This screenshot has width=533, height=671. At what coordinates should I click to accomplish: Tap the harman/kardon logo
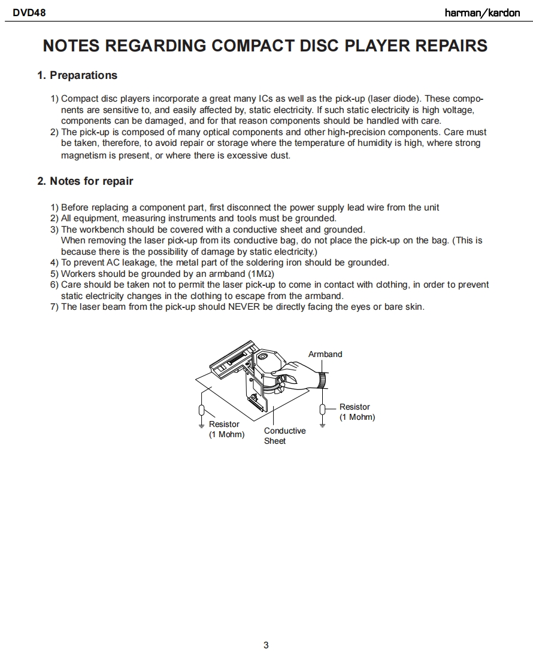tap(482, 13)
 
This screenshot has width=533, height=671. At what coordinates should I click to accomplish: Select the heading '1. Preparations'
tap(77, 75)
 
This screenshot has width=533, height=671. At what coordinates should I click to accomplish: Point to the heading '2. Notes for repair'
tap(85, 181)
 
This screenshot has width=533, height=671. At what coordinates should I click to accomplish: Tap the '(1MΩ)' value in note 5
tap(261, 274)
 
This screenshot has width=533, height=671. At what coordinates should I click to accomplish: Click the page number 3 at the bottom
tap(266, 645)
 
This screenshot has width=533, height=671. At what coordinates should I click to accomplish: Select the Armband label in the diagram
tap(325, 354)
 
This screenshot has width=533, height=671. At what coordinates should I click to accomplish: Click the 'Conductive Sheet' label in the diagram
tap(284, 436)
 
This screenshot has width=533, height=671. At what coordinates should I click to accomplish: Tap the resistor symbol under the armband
tap(323, 409)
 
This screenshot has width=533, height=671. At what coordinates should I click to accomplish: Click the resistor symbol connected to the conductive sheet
tap(202, 410)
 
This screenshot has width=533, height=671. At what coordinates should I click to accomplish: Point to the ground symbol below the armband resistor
tap(323, 425)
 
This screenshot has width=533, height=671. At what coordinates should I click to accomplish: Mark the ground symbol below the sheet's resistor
tap(202, 426)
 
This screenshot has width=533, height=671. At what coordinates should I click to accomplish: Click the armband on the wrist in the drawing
tap(322, 379)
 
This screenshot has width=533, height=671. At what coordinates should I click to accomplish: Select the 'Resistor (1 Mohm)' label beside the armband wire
tap(357, 412)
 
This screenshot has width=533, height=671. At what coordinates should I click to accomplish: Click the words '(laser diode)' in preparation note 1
tap(393, 99)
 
